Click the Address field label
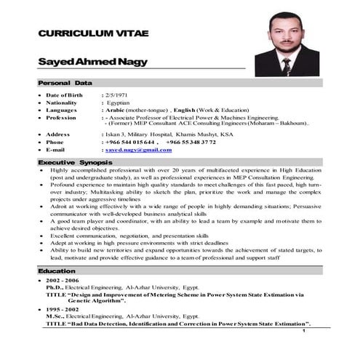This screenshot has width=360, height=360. pos(58,135)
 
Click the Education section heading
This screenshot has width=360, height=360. pos(57,271)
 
